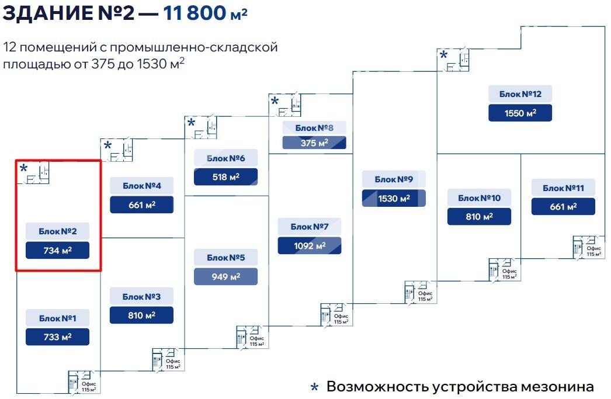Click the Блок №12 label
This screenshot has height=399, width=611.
[x=520, y=94]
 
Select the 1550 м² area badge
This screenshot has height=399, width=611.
[x=520, y=113]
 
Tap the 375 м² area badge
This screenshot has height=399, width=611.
[x=314, y=143]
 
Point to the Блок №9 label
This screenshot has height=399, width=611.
[x=394, y=179]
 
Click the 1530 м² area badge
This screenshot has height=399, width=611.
[x=394, y=198]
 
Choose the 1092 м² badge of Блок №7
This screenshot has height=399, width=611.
[x=310, y=245]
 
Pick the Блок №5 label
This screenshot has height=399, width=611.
[x=225, y=257]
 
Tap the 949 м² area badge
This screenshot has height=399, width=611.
[x=225, y=276]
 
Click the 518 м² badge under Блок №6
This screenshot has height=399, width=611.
[x=225, y=176]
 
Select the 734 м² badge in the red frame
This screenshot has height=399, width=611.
[x=57, y=250]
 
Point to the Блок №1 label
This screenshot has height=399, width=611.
[x=57, y=318]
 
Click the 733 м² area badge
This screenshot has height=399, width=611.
[x=57, y=337]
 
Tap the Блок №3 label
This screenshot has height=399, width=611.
[x=141, y=297]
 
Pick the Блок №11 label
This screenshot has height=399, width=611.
[x=563, y=188]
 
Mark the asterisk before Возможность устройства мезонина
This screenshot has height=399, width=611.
[x=314, y=388]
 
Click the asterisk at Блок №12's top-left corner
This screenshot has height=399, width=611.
[x=443, y=55]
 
